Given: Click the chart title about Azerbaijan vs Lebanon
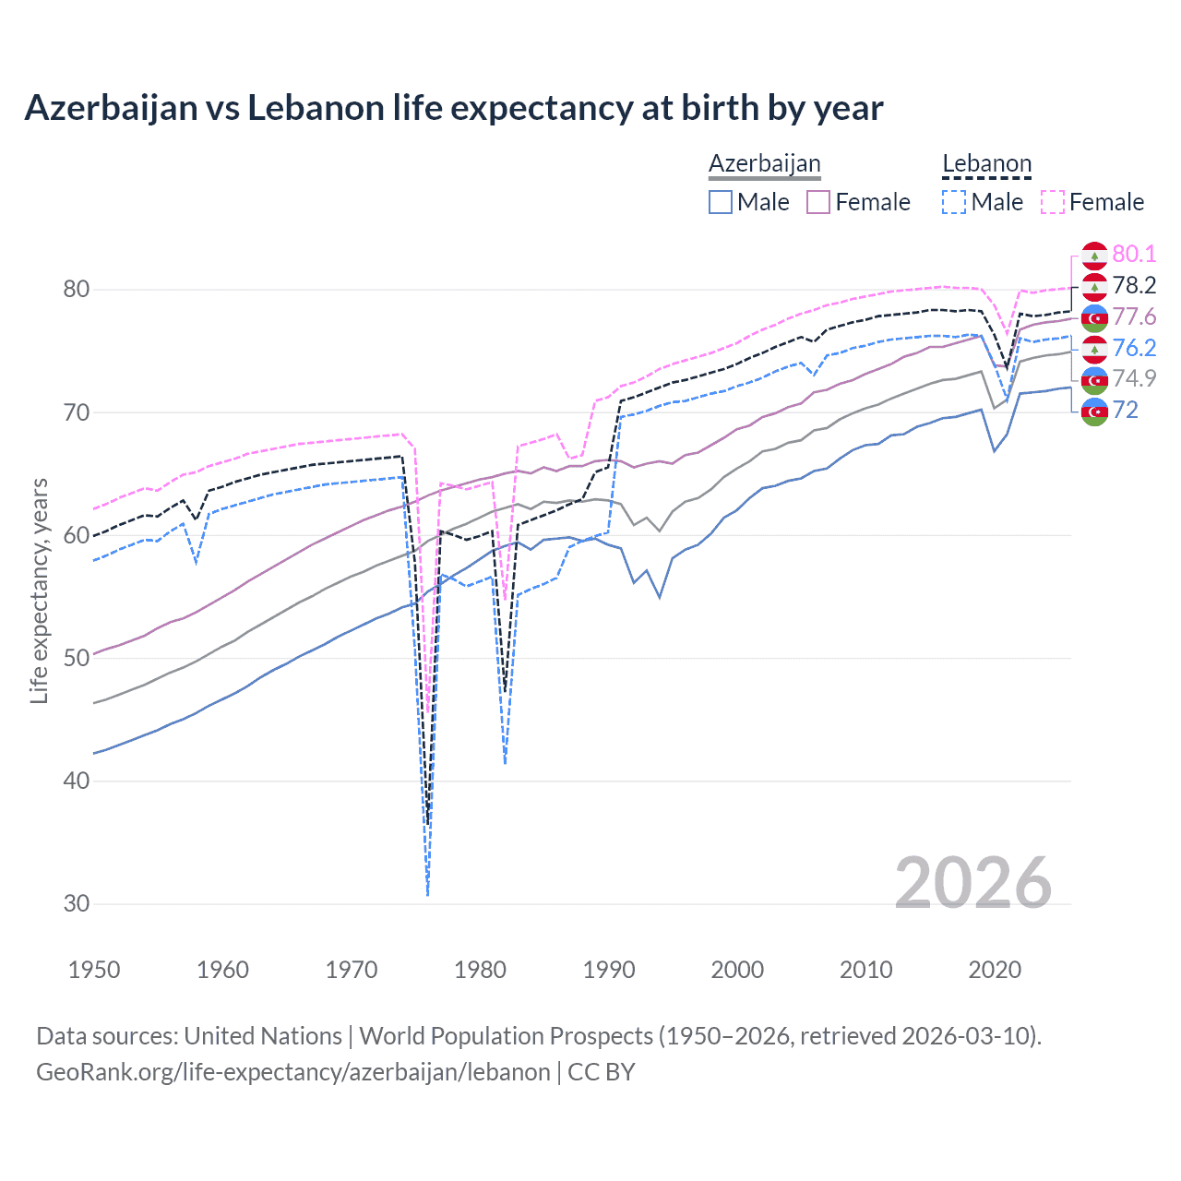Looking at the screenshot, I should pyautogui.click(x=453, y=108).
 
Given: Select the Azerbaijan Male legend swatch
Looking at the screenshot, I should pyautogui.click(x=721, y=202).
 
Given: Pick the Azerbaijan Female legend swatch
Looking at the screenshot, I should pyautogui.click(x=818, y=202).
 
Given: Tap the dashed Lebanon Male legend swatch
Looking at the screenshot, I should pyautogui.click(x=954, y=202).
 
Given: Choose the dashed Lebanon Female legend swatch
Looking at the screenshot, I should pyautogui.click(x=1053, y=202).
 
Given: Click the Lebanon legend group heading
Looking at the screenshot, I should pyautogui.click(x=986, y=164).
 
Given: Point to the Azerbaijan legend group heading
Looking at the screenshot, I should pyautogui.click(x=764, y=164).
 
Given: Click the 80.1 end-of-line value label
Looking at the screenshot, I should pyautogui.click(x=1134, y=255).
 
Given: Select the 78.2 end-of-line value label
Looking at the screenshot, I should pyautogui.click(x=1134, y=286).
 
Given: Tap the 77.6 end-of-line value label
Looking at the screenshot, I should pyautogui.click(x=1134, y=317).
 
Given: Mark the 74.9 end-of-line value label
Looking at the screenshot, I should pyautogui.click(x=1134, y=378).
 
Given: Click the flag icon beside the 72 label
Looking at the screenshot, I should pyautogui.click(x=1094, y=411).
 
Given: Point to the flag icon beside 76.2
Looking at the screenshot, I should pyautogui.click(x=1094, y=348).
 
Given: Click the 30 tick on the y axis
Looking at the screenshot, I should pyautogui.click(x=77, y=904).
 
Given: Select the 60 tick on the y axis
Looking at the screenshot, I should pyautogui.click(x=77, y=535).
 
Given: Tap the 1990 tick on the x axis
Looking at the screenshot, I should pyautogui.click(x=609, y=970).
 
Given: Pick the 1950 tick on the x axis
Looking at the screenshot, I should pyautogui.click(x=94, y=970).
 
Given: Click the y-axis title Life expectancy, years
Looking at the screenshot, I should pyautogui.click(x=39, y=590).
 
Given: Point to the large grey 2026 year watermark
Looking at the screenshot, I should pyautogui.click(x=972, y=883).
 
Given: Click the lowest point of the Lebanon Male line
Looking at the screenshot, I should pyautogui.click(x=427, y=895).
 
